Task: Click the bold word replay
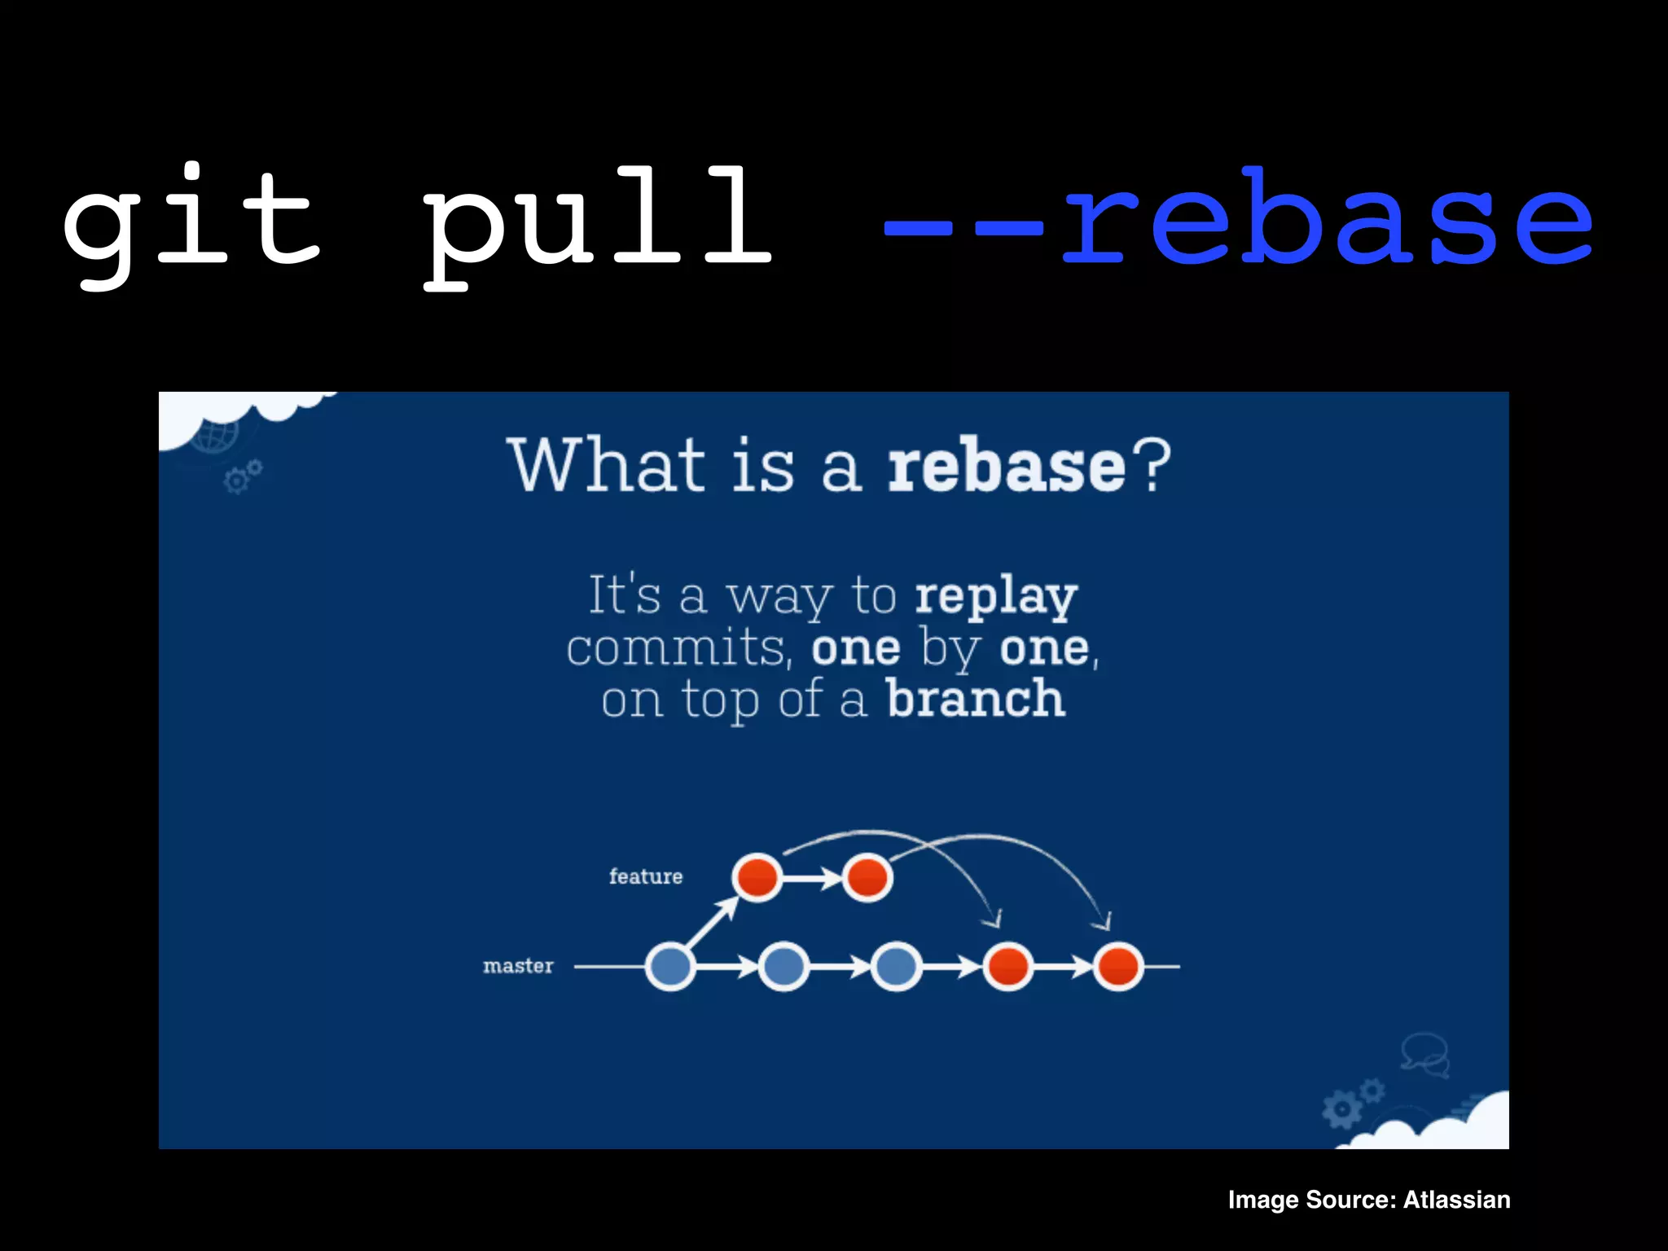click(995, 596)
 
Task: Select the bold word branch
click(976, 699)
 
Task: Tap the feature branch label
click(646, 876)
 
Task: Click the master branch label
click(518, 966)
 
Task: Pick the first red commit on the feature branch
click(757, 877)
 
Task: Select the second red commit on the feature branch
click(867, 877)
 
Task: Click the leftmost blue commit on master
click(669, 967)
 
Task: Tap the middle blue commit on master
click(783, 967)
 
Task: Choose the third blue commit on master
click(896, 967)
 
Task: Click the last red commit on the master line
click(1118, 967)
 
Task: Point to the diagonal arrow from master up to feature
click(711, 924)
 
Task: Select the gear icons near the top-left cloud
click(242, 477)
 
